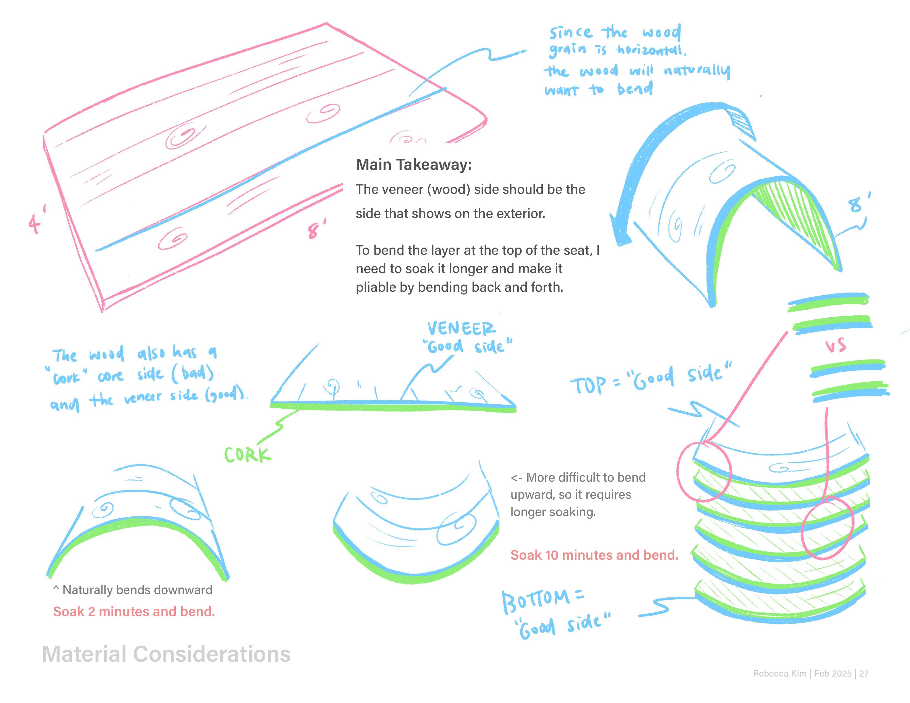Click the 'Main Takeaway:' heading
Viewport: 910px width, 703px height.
coord(414,165)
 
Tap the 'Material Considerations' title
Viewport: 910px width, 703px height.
coord(166,654)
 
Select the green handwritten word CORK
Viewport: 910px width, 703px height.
coord(248,455)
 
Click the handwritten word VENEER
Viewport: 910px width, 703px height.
coord(461,329)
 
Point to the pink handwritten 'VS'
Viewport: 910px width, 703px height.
coord(836,345)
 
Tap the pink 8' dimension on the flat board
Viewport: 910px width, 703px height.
coord(316,229)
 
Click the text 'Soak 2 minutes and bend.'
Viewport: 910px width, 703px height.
coord(134,611)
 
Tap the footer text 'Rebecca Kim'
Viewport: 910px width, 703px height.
coord(780,674)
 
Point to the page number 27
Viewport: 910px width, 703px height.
coord(863,674)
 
